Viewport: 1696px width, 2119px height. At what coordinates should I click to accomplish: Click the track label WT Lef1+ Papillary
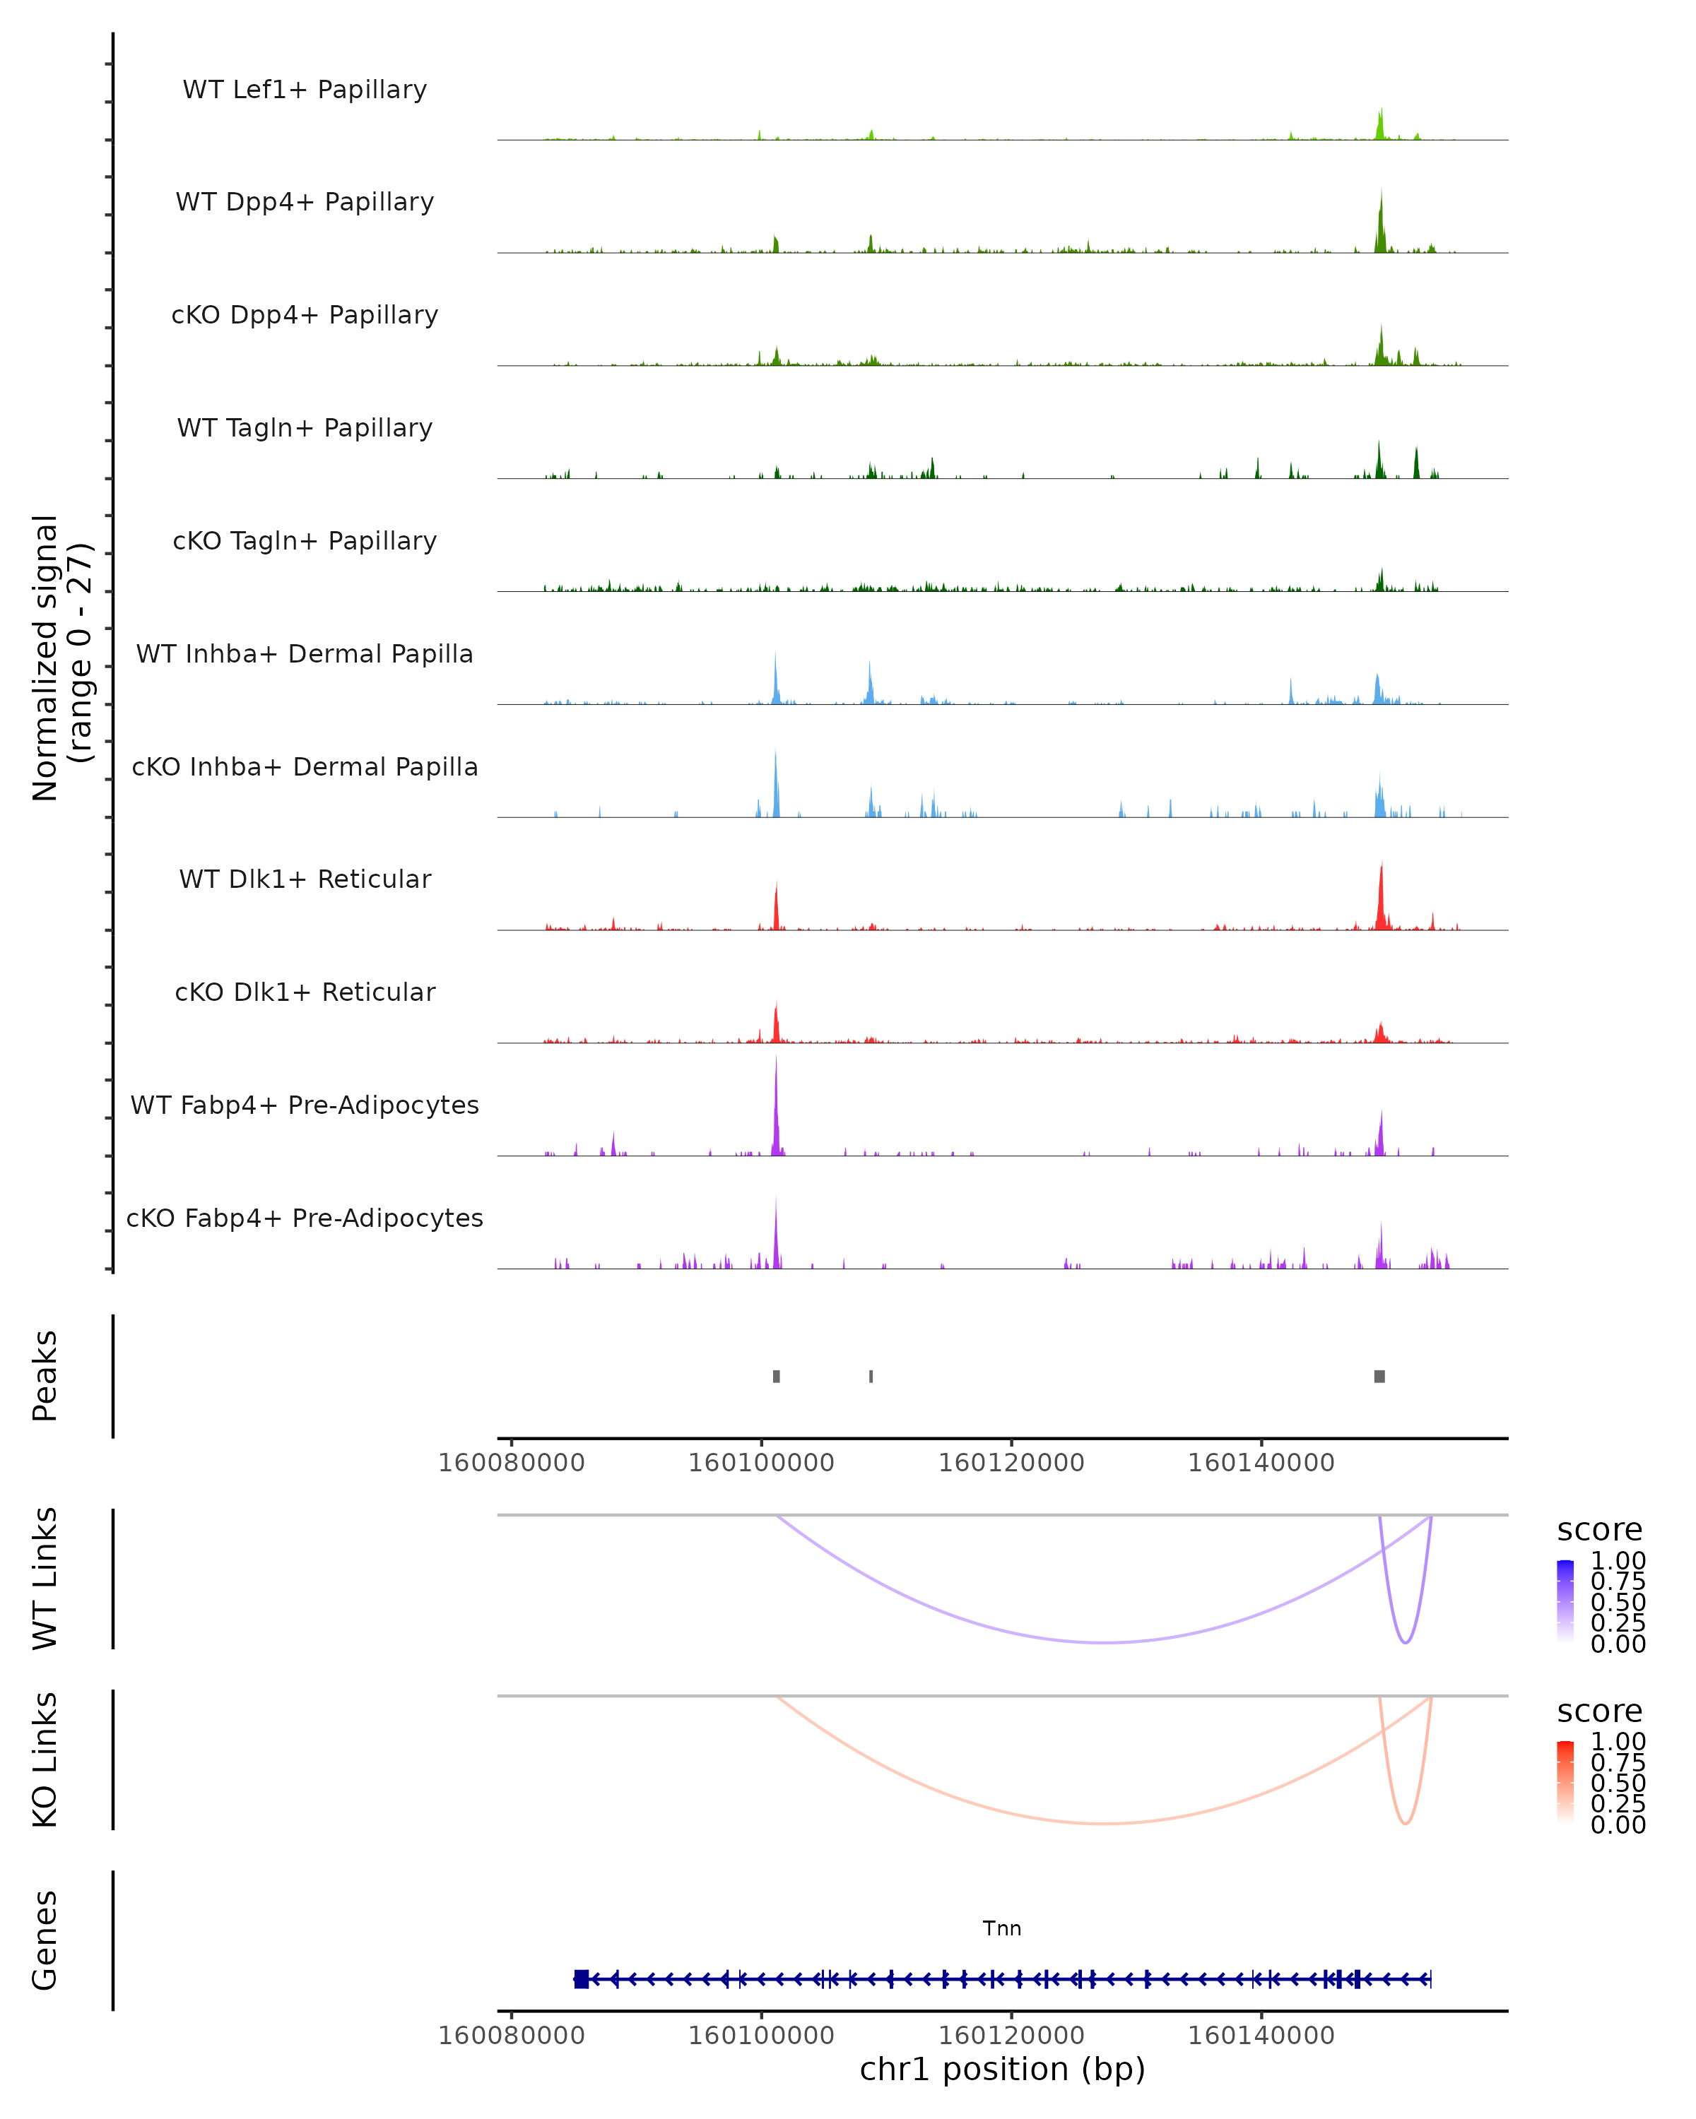coord(305,90)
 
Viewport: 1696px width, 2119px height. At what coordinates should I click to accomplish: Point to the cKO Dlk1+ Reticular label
coord(305,992)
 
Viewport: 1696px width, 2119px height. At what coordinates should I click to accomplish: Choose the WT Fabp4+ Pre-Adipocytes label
coord(305,1105)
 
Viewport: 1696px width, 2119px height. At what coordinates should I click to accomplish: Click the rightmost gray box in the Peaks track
coord(1379,1376)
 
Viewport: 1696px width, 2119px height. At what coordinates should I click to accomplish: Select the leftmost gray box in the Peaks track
coord(777,1376)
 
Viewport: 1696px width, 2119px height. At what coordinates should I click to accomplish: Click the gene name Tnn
coord(1002,1928)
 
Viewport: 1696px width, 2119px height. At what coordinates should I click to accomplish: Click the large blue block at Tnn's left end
coord(581,1978)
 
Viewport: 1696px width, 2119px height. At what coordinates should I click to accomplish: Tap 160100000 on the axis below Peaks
coord(761,1463)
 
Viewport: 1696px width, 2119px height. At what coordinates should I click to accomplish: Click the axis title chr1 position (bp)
coord(1002,2069)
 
